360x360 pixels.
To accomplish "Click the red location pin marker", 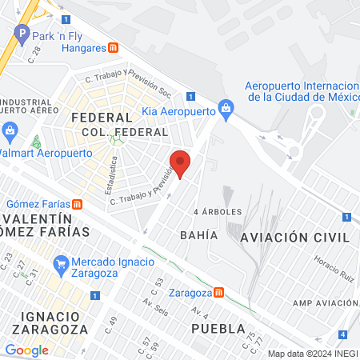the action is click(181, 163).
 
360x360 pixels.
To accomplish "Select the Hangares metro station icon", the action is click(115, 48).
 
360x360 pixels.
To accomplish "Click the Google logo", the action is click(26, 350).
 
